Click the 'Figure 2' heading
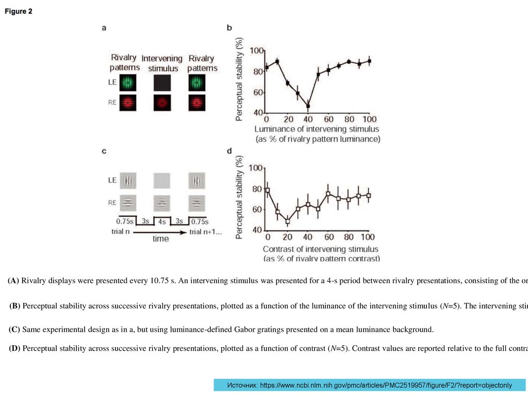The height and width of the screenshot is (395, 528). (x=19, y=12)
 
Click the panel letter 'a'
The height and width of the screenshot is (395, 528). (x=105, y=28)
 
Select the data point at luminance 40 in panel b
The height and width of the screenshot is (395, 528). (x=308, y=106)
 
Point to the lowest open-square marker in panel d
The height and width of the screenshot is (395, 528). (x=288, y=221)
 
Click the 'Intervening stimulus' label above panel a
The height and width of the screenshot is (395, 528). (x=162, y=63)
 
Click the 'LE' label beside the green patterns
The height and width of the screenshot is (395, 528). (x=112, y=82)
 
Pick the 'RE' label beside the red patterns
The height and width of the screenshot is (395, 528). (x=112, y=102)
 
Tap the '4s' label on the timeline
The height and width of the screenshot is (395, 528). (x=161, y=222)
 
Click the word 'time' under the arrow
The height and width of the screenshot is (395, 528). (x=160, y=239)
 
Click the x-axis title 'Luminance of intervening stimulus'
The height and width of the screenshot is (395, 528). (x=317, y=129)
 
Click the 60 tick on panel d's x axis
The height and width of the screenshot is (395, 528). (x=327, y=236)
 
